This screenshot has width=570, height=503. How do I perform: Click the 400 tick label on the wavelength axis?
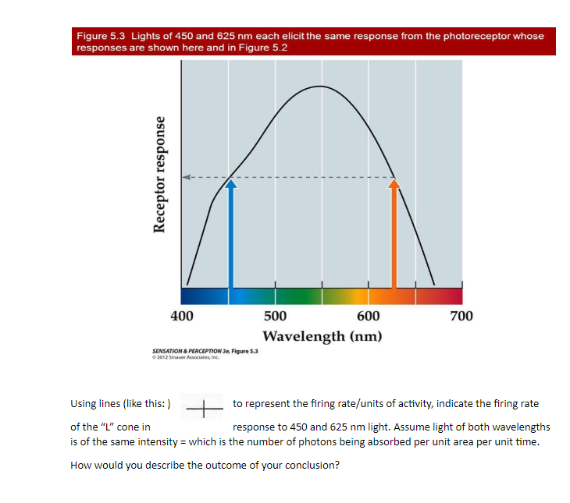[x=183, y=316]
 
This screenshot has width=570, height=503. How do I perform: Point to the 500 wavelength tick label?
[x=275, y=316]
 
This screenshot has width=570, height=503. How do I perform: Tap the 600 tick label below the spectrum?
[x=369, y=316]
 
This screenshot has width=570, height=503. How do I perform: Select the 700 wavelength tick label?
[x=461, y=316]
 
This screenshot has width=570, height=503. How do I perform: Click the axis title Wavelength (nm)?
[x=322, y=336]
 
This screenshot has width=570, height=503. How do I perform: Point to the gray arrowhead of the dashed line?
[x=187, y=178]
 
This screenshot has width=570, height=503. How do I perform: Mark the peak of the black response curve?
[x=320, y=86]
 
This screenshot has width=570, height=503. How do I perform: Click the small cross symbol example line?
[x=204, y=406]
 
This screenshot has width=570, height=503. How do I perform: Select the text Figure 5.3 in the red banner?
[x=102, y=36]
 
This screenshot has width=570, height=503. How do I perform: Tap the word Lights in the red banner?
[x=146, y=36]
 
